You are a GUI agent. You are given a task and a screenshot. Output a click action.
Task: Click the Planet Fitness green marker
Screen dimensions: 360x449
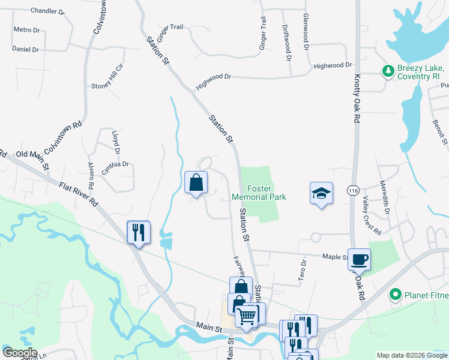click(x=395, y=295)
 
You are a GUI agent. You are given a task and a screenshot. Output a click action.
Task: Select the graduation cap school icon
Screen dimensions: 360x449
click(x=321, y=193)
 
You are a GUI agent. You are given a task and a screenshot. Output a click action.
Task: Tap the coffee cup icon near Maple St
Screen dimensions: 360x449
click(x=360, y=259)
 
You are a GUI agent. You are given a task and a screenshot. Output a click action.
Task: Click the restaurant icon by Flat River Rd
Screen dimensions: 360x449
click(x=138, y=232)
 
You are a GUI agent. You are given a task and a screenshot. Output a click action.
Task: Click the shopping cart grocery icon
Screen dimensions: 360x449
click(x=247, y=314)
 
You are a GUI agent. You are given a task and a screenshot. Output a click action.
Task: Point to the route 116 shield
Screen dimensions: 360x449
click(x=353, y=190)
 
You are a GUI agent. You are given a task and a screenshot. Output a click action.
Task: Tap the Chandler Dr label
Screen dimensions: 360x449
click(x=47, y=11)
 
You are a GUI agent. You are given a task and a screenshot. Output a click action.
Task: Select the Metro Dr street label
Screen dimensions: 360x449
click(x=26, y=29)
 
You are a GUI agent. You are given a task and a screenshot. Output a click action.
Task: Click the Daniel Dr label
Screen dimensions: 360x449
click(x=25, y=49)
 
